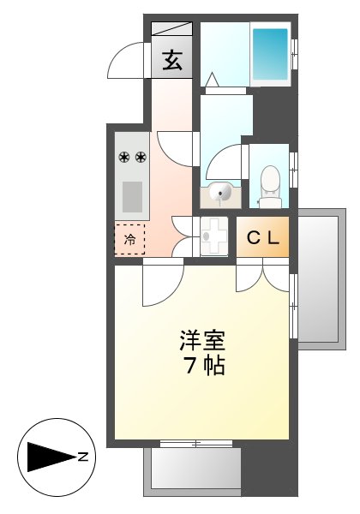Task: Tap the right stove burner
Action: pyautogui.click(x=140, y=157)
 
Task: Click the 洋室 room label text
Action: pyautogui.click(x=202, y=340)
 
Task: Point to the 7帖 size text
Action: pyautogui.click(x=203, y=367)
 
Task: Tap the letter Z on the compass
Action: pyautogui.click(x=83, y=457)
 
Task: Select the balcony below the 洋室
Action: pyautogui.click(x=193, y=469)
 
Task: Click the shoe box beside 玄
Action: pyautogui.click(x=172, y=28)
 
